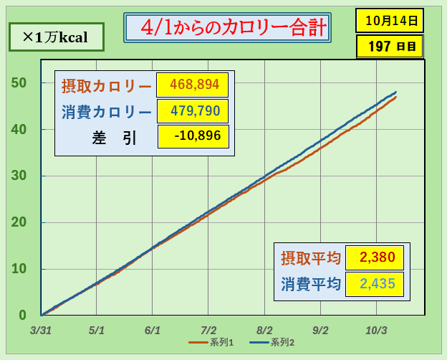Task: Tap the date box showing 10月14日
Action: [x=389, y=20]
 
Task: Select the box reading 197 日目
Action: [x=389, y=47]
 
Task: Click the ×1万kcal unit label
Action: [x=56, y=37]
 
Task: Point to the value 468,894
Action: [x=192, y=85]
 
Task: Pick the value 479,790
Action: [x=192, y=111]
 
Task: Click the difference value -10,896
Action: [x=192, y=136]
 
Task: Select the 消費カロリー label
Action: [x=106, y=112]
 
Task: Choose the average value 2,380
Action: [x=373, y=257]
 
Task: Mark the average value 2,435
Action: [x=373, y=283]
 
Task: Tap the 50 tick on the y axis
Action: [x=19, y=82]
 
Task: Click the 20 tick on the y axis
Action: [x=19, y=222]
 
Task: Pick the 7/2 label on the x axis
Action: [x=208, y=331]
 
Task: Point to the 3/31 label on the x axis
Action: [x=41, y=331]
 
